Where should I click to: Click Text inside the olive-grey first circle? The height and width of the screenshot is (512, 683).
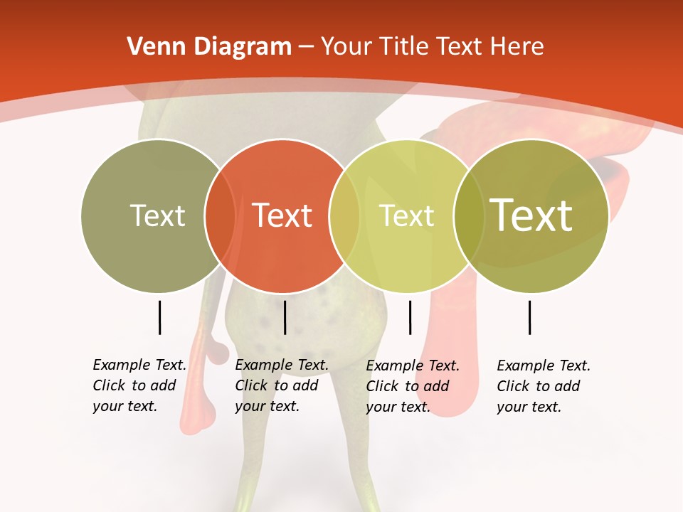(157, 215)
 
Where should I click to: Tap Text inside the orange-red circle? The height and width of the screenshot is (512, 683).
(282, 215)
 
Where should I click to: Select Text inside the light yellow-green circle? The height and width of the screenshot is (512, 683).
(406, 215)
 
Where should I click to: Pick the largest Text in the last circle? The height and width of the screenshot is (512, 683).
(531, 215)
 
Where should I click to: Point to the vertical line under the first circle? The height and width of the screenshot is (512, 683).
(159, 317)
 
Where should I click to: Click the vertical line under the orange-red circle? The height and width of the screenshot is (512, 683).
(285, 317)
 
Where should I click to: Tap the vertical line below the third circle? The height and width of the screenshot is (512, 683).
(410, 317)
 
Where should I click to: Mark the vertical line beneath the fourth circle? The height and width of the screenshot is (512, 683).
(529, 317)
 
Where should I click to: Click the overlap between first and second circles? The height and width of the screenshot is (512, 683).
(220, 215)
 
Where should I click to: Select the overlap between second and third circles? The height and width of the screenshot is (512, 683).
(344, 215)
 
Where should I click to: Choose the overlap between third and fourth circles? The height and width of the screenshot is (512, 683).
(469, 215)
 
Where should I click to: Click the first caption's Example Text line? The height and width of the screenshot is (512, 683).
(139, 365)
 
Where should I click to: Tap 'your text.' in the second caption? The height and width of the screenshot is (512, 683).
(267, 406)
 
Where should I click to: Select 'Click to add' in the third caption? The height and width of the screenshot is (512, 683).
(407, 386)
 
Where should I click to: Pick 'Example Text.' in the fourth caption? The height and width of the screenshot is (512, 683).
(544, 366)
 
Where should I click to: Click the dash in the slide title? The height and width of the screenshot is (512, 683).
(306, 47)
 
